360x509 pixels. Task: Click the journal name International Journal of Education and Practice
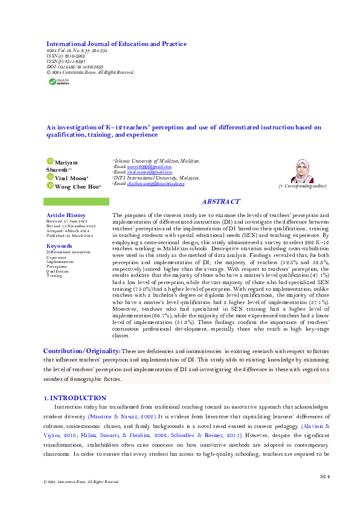117,44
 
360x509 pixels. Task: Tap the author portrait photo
301,172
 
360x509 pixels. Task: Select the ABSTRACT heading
220,202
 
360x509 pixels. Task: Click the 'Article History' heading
66,215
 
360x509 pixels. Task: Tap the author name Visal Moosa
71,178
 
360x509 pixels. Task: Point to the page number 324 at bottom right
325,478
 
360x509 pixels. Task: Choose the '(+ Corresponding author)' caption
302,187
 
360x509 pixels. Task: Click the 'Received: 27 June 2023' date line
66,221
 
